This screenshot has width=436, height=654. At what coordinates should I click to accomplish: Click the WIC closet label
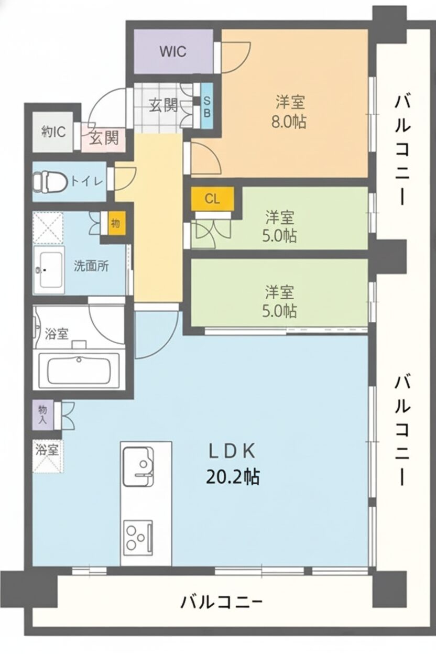click(x=173, y=52)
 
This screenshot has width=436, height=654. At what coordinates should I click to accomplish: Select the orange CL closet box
click(x=212, y=199)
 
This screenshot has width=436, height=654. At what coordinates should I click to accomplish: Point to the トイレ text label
click(x=87, y=182)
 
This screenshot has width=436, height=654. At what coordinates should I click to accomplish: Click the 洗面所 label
click(x=91, y=266)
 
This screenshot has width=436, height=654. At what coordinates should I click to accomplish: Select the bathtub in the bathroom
click(x=79, y=370)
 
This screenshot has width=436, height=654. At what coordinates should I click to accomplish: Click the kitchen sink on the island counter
click(x=139, y=466)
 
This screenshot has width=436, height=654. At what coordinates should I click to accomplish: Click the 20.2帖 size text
click(x=232, y=477)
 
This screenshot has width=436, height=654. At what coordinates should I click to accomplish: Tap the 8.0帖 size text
click(x=288, y=122)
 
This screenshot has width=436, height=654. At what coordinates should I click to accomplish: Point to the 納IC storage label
click(x=53, y=132)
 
